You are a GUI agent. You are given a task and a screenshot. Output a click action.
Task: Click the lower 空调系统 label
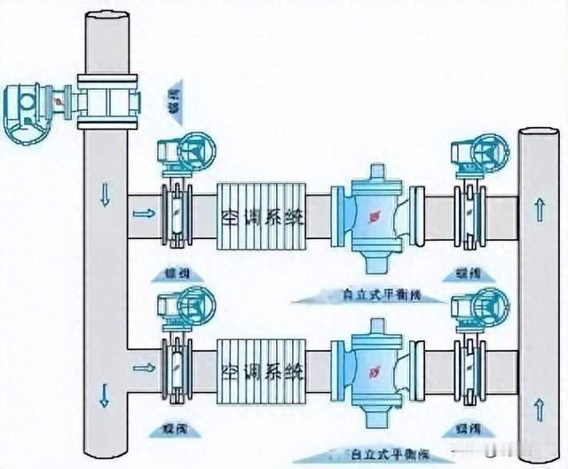(261, 368)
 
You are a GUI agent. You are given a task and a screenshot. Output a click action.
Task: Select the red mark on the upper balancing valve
(371, 215)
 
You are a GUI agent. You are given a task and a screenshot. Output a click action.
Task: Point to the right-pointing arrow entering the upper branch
(141, 213)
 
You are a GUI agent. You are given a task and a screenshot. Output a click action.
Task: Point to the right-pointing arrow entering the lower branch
(141, 366)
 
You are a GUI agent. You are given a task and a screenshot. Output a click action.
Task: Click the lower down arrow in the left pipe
(105, 393)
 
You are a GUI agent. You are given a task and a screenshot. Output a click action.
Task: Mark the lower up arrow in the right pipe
(540, 410)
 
